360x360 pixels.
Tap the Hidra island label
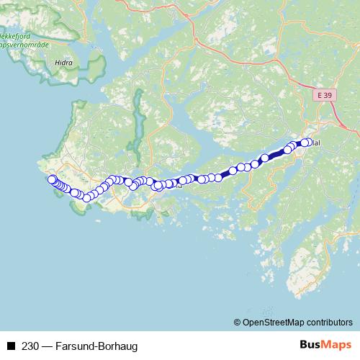pos(63,63)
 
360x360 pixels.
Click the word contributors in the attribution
pos(328,322)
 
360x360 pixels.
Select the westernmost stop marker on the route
pos(51,179)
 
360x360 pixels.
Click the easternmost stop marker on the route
pos(310,142)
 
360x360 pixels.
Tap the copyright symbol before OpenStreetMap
pos(237,322)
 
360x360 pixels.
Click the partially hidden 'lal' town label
pos(316,143)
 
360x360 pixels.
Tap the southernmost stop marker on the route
pos(86,197)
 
